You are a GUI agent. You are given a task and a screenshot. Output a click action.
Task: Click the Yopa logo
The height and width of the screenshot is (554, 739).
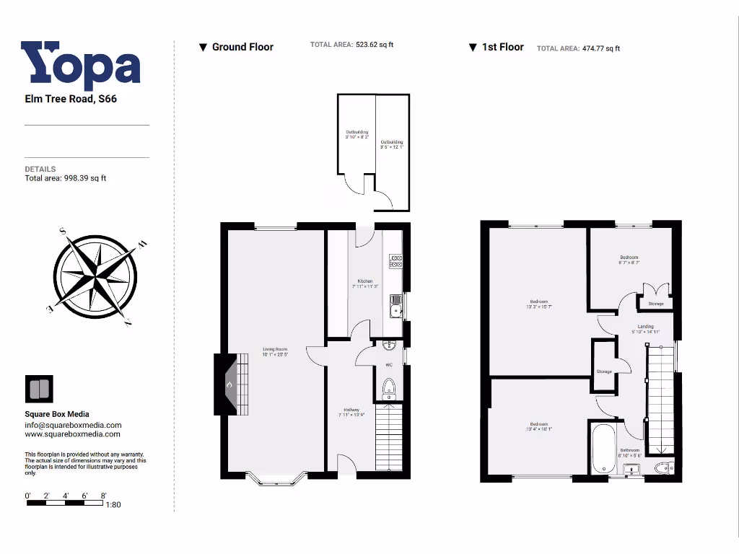80,66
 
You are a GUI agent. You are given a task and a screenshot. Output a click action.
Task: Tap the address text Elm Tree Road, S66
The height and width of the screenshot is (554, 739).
71,99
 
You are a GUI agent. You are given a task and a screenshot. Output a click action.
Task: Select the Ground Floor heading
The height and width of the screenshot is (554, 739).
242,47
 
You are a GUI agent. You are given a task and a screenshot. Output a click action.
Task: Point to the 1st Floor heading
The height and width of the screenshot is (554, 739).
502,47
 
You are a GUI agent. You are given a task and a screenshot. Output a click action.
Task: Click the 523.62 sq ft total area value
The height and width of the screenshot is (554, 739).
374,45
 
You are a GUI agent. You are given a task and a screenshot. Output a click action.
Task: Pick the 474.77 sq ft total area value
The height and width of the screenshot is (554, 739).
600,48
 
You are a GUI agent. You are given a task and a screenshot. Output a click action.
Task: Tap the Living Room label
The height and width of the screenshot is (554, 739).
275,352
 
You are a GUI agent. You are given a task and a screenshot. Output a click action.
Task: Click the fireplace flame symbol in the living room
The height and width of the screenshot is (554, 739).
229,385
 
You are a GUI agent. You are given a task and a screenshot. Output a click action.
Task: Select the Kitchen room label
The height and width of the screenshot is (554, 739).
364,283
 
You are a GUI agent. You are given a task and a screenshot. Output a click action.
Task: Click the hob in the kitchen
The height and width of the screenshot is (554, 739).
395,260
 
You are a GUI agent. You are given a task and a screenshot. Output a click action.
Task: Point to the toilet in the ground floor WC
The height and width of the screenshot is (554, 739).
390,387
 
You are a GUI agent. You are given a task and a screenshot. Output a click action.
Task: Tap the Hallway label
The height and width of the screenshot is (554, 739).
350,413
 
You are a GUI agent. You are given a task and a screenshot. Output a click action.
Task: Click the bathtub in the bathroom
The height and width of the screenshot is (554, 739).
603,447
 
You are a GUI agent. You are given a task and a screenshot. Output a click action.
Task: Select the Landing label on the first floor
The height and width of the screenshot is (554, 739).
644,329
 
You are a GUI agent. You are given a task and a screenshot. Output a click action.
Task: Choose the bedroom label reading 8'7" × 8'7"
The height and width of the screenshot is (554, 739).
629,260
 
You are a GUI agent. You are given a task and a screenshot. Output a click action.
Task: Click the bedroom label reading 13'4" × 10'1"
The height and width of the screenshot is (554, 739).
538,426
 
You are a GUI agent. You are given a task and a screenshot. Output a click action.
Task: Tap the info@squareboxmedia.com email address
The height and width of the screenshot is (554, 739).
73,426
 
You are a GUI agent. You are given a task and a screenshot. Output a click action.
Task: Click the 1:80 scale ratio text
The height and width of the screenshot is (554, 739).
113,504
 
